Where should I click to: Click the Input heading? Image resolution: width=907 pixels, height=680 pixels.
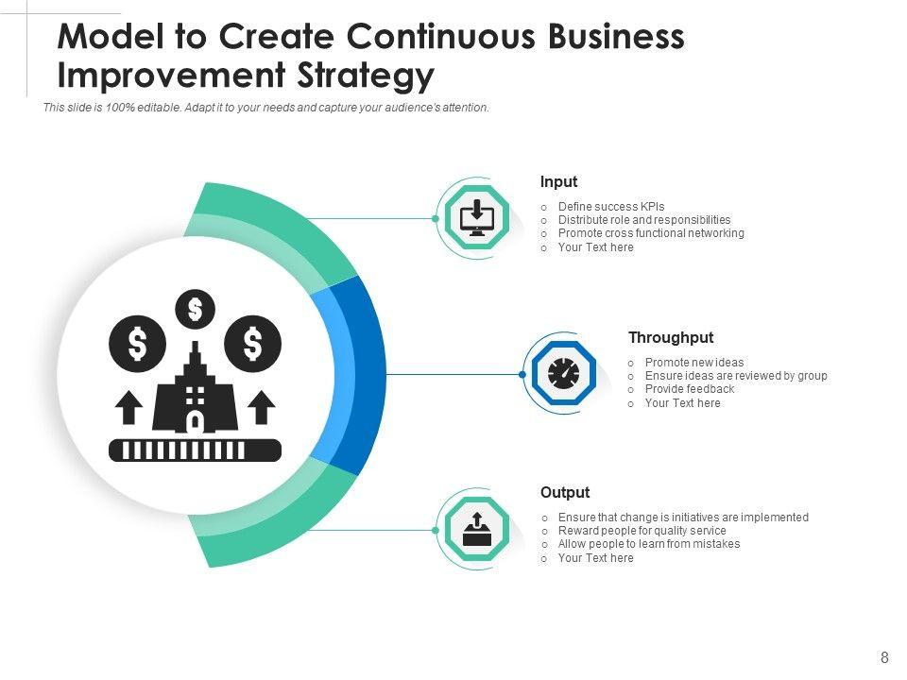coord(558,182)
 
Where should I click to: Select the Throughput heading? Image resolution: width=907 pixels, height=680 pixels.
coord(671,338)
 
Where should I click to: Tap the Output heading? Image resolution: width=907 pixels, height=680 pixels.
coord(565,493)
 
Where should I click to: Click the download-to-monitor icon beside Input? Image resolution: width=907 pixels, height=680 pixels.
coord(477,218)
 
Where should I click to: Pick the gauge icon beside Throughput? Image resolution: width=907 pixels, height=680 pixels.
coord(563,374)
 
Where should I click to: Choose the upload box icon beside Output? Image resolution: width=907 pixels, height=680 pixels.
coord(477,530)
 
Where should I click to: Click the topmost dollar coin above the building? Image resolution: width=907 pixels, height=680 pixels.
coord(196,308)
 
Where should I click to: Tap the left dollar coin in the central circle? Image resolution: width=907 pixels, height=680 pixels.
coord(138,343)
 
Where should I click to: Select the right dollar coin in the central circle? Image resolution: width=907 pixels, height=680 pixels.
coord(253,343)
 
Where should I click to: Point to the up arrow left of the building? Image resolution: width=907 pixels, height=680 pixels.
coord(128,408)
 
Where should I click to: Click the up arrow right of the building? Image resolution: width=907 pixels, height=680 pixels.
coord(261,408)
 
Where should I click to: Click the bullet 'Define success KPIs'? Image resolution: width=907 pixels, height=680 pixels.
coord(610,207)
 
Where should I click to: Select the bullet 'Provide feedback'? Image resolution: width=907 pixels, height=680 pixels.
coord(689,389)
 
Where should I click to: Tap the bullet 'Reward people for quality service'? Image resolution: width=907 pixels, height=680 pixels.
coord(642,531)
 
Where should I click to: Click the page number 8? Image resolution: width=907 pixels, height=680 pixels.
coord(884,658)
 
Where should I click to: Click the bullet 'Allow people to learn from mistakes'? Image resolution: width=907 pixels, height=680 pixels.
coord(648,544)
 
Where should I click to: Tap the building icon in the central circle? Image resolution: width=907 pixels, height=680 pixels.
coord(196,392)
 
